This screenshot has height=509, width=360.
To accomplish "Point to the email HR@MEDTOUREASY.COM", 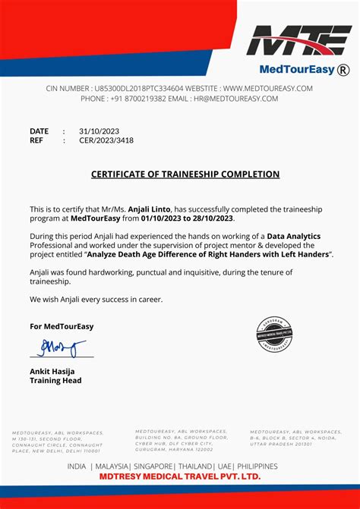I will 236,99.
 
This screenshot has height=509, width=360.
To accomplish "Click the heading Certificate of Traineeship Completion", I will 185,174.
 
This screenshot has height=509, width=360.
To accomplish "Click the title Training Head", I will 55,381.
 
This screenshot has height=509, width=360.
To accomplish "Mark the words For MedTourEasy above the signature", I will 62,326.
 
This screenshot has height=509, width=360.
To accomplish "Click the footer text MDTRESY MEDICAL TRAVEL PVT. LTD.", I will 179,476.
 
